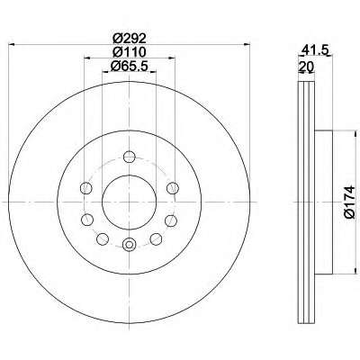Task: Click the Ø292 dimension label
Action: pos(130,39)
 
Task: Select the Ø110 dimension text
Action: pos(130,52)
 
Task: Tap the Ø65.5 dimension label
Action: pos(130,66)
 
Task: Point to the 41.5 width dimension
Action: pos(313,49)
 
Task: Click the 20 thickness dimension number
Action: pos(306,66)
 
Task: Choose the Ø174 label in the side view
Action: pos(349,202)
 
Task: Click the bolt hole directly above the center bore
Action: pos(130,157)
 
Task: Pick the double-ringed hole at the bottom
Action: pos(130,245)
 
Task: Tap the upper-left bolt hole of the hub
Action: pos(86,188)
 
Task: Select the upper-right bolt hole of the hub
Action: pos(173,188)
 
